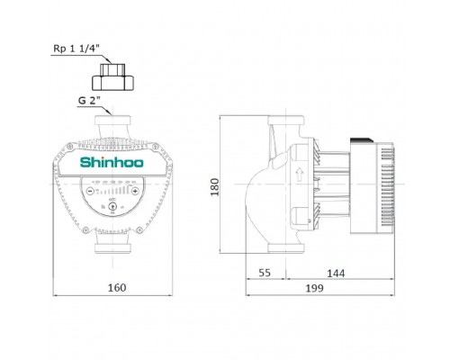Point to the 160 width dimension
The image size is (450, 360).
112,288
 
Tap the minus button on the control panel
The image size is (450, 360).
92,191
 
